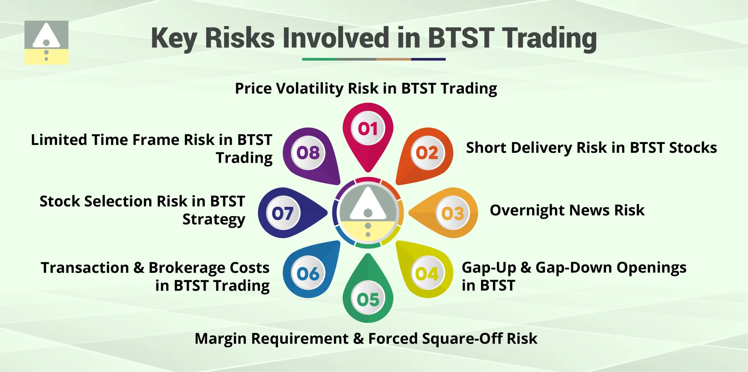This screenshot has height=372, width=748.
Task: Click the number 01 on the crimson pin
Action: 368,128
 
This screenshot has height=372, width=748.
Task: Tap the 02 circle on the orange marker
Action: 427,153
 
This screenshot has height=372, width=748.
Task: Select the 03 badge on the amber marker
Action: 453,213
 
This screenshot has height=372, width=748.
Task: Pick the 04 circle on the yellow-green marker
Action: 427,274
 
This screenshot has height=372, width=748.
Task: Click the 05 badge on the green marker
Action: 368,299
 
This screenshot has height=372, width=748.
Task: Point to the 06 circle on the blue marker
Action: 308,274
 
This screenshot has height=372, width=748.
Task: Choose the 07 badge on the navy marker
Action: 283,213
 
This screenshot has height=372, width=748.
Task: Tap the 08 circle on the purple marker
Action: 308,153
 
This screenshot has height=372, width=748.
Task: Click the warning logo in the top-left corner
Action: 46,42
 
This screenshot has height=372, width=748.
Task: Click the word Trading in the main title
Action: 550,38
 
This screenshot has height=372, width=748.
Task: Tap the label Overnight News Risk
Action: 567,210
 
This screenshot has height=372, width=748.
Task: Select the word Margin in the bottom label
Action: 220,339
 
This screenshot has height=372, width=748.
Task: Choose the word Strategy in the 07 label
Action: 214,219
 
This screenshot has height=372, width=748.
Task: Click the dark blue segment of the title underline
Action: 428,59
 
